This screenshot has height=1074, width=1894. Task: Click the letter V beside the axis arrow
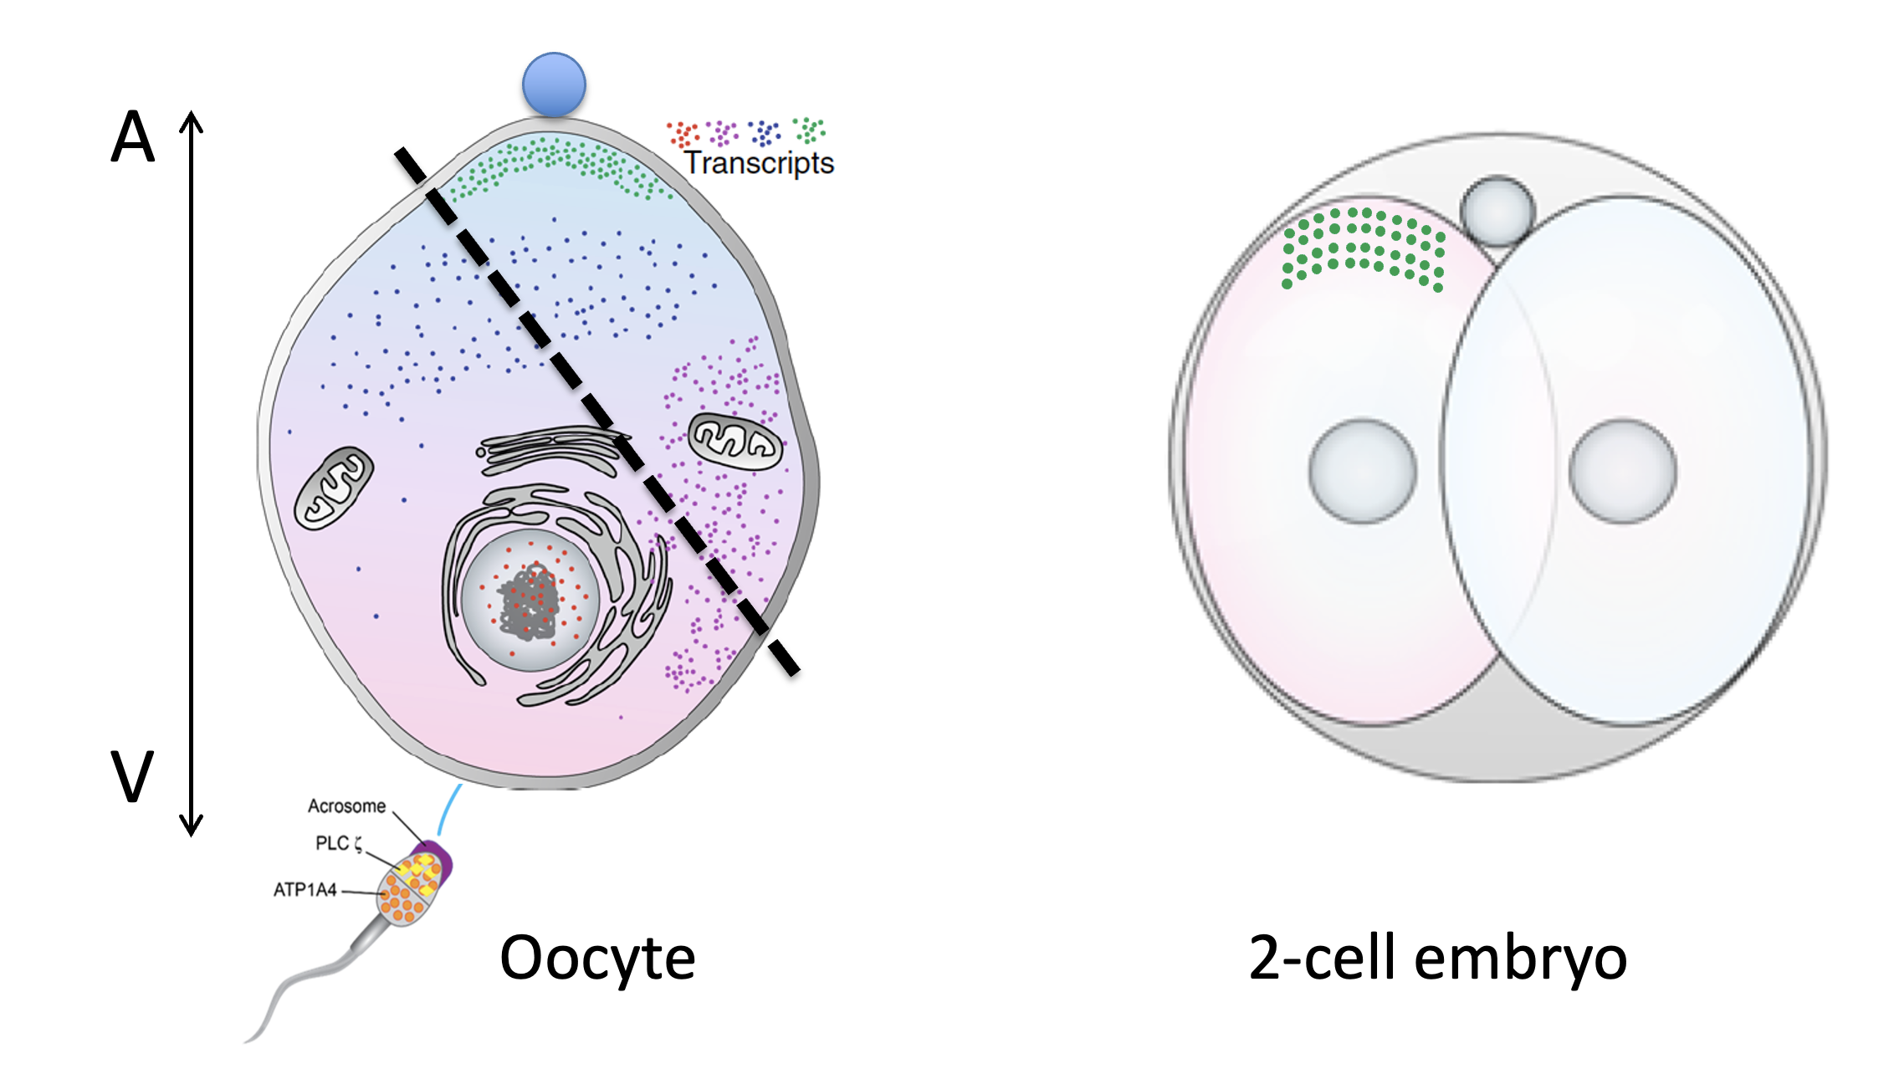(132, 775)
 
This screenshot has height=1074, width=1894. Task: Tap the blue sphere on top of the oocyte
(554, 84)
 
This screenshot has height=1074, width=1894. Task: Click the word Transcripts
(759, 162)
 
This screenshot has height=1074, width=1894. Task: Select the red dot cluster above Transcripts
(683, 134)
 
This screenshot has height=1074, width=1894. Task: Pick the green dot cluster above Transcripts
(809, 130)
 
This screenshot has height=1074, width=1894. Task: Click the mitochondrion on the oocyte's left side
(334, 488)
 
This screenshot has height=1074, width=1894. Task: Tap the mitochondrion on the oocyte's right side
(735, 440)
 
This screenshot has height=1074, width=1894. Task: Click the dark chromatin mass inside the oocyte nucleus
(528, 601)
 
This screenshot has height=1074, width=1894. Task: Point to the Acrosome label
(346, 806)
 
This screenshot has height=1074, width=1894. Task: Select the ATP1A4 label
(305, 890)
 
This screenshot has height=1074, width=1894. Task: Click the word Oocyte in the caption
(597, 958)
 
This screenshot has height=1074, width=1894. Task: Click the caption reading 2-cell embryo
(1437, 958)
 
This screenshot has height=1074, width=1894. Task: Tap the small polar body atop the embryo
(1497, 211)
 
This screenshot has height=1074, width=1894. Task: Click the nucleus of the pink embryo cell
(1363, 471)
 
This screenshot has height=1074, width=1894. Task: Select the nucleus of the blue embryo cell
(1623, 471)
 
